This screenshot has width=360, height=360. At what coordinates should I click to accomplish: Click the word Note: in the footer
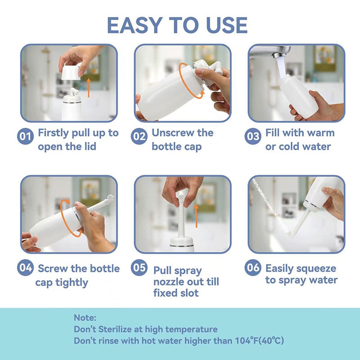85,318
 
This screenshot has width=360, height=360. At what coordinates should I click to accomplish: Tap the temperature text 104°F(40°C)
255,341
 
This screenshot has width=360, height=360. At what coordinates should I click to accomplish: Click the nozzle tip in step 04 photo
109,198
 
